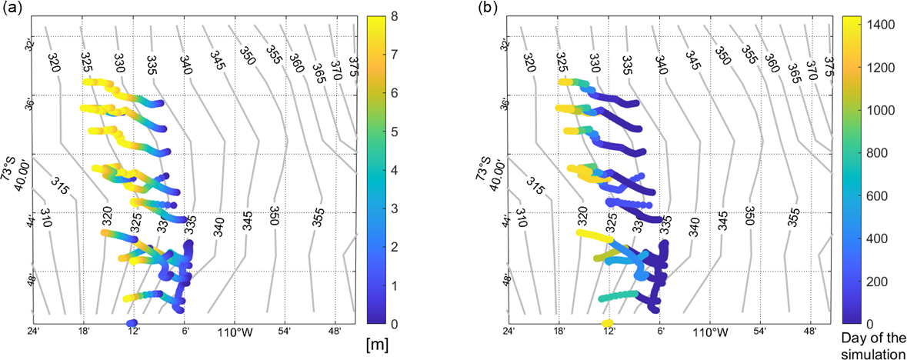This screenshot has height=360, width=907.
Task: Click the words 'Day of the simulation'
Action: [870, 347]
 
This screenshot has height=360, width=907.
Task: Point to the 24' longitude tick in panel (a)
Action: [32, 332]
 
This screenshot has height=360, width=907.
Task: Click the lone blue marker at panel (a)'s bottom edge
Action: [132, 323]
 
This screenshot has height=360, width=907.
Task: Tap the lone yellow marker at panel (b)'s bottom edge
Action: [607, 323]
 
